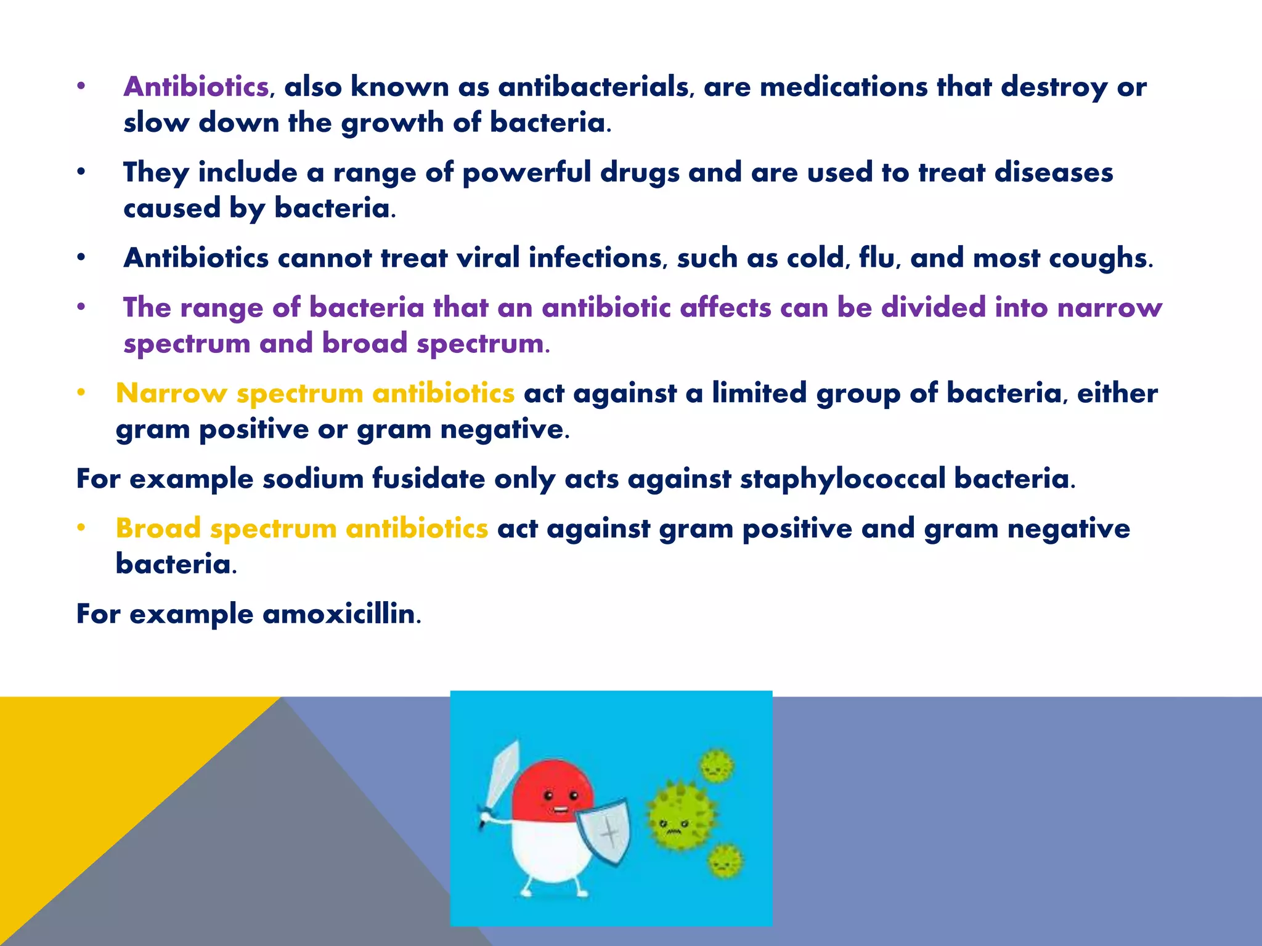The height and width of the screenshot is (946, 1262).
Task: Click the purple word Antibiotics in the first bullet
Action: point(196,87)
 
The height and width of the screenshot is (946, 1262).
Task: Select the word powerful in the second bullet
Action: point(526,172)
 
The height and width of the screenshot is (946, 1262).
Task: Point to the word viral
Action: point(488,258)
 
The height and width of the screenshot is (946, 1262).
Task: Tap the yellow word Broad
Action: point(158,528)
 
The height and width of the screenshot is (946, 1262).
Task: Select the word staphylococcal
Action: point(842,479)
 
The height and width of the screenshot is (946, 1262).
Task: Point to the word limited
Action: point(759,394)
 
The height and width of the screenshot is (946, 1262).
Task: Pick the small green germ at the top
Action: point(716,766)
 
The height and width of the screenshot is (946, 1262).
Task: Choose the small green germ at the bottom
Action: point(725,861)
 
